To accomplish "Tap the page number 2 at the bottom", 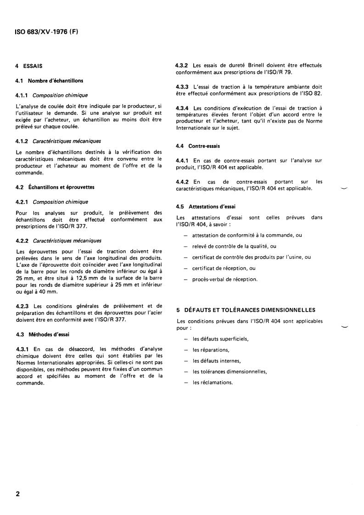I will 18,494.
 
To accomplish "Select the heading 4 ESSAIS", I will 29,66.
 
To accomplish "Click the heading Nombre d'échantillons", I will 55,81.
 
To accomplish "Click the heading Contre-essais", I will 206,146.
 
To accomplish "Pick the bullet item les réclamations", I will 213,382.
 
